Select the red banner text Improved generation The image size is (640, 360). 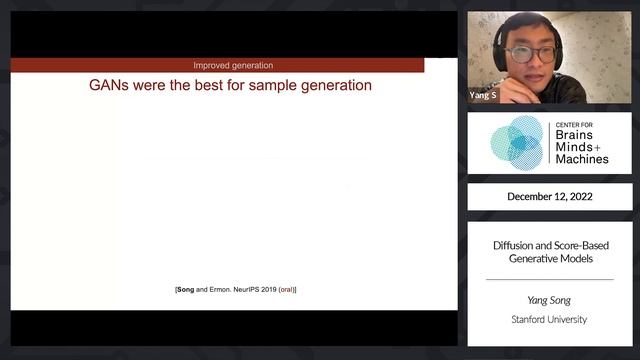pos(233,65)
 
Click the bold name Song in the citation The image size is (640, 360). pos(186,290)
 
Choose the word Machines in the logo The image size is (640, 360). pos(582,159)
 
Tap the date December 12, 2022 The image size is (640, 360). pos(549,197)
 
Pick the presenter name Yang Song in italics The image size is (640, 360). pos(549,299)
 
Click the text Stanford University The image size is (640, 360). pos(549,319)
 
